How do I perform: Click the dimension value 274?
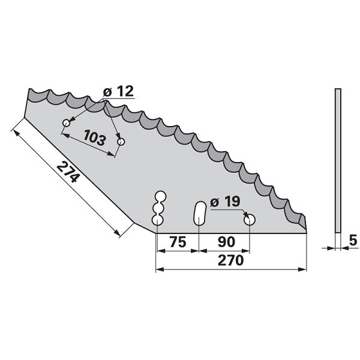pos(68,172)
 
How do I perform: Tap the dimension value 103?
pos(95,137)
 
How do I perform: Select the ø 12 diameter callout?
pos(118,91)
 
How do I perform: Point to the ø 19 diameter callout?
pos(225,202)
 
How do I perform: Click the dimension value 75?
pos(178,242)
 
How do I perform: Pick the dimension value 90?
pos(226,242)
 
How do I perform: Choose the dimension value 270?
pos(230,260)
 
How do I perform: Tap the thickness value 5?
pos(353,241)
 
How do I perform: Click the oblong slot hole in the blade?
pos(200,213)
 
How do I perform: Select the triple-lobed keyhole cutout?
pos(158,208)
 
